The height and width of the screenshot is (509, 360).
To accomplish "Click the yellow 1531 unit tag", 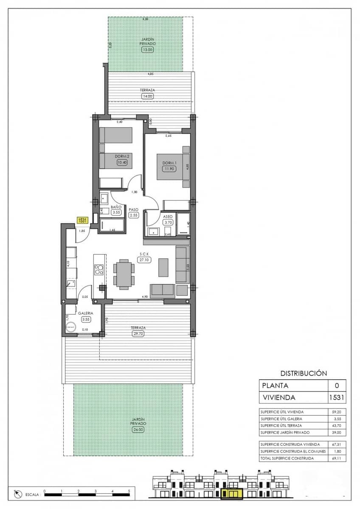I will tap(82, 220).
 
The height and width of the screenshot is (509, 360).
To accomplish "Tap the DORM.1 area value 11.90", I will tap(169, 168).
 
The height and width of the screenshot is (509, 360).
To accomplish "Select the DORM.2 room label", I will tap(121, 156).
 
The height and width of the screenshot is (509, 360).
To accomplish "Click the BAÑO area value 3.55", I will tap(116, 213).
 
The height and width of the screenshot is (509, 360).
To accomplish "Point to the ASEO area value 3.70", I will tap(168, 222).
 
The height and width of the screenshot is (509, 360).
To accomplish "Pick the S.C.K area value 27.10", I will tap(143, 260).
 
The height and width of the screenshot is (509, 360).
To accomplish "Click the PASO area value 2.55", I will tap(134, 215).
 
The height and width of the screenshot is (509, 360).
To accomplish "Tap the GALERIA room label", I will tap(85, 313).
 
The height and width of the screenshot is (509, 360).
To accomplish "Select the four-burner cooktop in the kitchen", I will tap(98, 270).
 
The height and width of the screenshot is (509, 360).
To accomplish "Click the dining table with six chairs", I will tap(124, 274).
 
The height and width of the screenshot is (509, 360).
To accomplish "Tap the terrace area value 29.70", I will tap(138, 333).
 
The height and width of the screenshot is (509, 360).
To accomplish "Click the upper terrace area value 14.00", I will tap(147, 96).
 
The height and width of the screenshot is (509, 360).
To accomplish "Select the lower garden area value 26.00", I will tap(138, 429).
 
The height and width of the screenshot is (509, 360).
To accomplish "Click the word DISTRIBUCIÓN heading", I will tap(304, 373).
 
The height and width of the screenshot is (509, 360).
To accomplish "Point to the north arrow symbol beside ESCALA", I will tap(18, 494).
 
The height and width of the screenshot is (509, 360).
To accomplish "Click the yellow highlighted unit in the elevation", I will tap(231, 493).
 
